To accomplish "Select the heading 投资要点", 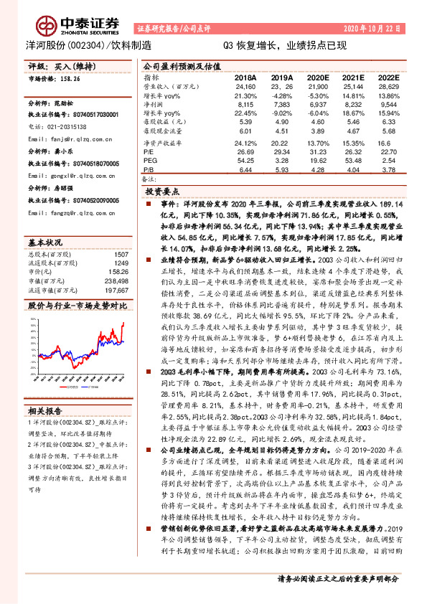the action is pyautogui.click(x=161, y=193).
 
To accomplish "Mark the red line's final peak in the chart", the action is pyautogui.click(x=123, y=304).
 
